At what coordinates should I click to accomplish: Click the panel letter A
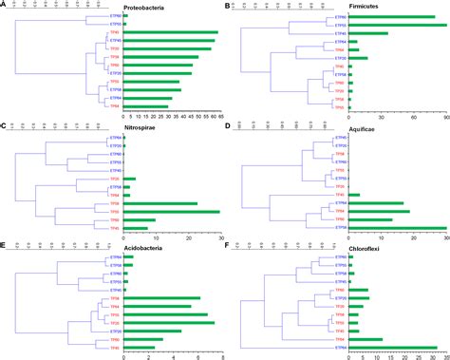(5, 5)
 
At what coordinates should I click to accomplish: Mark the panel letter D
(228, 125)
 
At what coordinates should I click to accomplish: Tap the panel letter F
(228, 244)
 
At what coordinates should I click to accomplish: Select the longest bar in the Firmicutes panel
(397, 26)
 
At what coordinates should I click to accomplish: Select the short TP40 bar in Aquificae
(354, 195)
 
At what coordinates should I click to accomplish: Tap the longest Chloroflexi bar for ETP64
(393, 348)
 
